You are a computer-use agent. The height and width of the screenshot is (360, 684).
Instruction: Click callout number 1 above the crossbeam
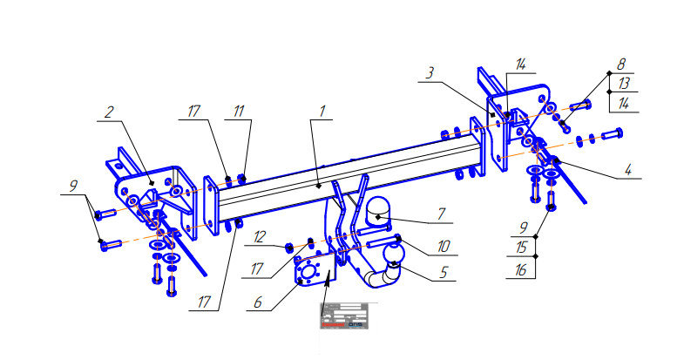pos(322,112)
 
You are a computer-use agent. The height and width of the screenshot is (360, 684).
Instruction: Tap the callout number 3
pos(430,73)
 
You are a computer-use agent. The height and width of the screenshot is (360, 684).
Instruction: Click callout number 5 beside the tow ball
pos(443,272)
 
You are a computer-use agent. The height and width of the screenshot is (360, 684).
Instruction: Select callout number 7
pos(441,213)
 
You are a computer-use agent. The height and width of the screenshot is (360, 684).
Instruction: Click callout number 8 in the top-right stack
pos(620,65)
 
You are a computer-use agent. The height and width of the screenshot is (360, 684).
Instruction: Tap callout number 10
pos(443,247)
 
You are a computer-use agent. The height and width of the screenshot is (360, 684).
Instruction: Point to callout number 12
pos(260,235)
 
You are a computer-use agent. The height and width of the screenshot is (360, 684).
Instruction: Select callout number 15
pos(521,248)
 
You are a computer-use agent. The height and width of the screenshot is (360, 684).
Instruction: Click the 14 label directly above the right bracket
pos(520,65)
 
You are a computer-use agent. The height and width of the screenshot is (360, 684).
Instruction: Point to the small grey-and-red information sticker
pos(343,316)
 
